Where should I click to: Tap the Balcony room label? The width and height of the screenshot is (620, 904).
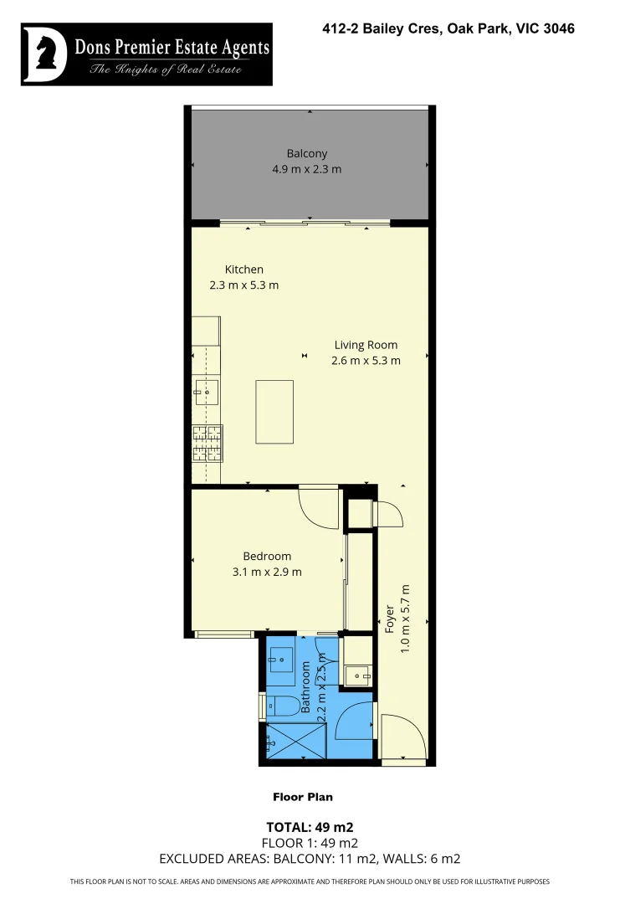click(x=306, y=153)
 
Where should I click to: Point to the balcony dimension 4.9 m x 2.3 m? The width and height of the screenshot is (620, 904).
click(x=306, y=169)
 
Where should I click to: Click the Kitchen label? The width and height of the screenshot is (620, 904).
click(x=243, y=270)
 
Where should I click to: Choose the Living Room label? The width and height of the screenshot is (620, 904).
click(x=366, y=345)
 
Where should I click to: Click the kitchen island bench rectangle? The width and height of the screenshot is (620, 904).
click(x=274, y=411)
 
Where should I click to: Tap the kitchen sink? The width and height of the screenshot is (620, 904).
click(x=206, y=391)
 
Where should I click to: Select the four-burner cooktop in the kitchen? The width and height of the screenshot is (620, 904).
click(x=207, y=444)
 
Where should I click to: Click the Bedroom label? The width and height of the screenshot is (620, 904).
click(x=267, y=557)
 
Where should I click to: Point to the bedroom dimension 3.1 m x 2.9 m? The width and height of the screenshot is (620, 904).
click(x=267, y=573)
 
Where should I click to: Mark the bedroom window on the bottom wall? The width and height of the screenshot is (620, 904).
click(x=223, y=634)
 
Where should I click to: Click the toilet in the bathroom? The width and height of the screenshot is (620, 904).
click(x=280, y=706)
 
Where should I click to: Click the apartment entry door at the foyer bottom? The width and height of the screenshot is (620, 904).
click(x=403, y=737)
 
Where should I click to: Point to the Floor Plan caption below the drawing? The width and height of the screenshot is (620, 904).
click(x=302, y=797)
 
